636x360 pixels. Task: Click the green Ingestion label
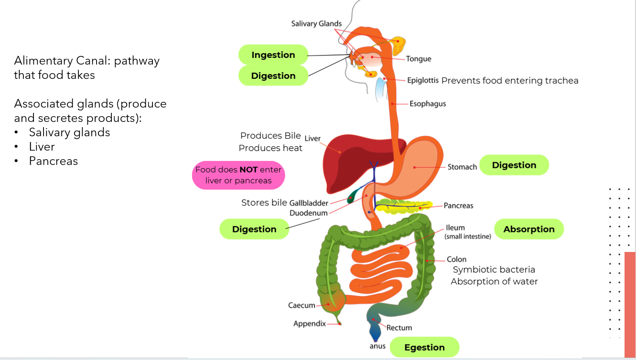(273, 55)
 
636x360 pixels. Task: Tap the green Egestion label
(424, 348)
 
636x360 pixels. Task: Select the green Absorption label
(529, 229)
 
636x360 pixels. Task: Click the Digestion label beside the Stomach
(514, 165)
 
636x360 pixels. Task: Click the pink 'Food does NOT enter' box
(238, 175)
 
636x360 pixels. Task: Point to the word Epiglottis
(422, 80)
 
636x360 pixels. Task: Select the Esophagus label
(428, 103)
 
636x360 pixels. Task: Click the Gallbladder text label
(309, 203)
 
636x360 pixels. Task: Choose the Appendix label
(310, 324)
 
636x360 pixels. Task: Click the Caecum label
(302, 305)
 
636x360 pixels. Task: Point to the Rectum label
(399, 327)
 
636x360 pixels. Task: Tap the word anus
(377, 346)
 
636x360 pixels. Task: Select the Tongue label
(419, 59)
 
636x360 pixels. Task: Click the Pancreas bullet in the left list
(53, 161)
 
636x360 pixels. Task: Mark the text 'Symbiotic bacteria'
(494, 270)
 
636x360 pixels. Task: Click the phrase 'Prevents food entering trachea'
(510, 80)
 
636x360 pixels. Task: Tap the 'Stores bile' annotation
(264, 203)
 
